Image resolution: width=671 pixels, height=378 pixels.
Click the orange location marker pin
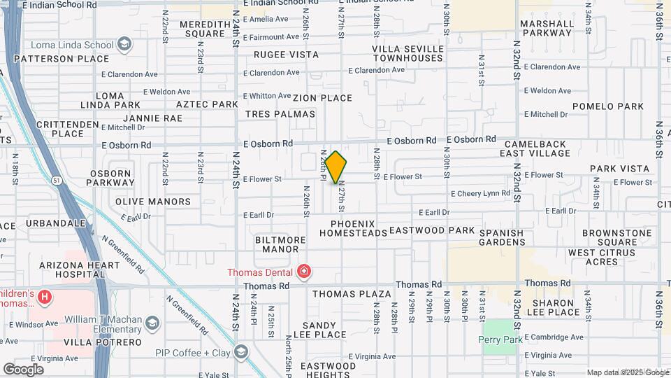tap(336, 167)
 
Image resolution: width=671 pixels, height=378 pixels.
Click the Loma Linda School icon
tap(124, 45)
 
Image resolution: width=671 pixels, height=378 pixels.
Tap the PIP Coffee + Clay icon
tap(241, 351)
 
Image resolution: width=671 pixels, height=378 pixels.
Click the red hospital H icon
tap(45, 297)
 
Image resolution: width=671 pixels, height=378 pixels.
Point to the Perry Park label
tap(500, 339)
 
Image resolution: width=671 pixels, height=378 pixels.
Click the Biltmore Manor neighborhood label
tap(281, 244)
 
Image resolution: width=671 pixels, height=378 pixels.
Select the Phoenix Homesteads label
tap(359, 228)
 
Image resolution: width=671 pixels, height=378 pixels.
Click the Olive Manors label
tap(153, 202)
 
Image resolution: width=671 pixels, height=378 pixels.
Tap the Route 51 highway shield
tap(56, 181)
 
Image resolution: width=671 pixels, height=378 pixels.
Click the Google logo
tap(23, 369)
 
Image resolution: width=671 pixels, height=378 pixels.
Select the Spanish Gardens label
tap(502, 237)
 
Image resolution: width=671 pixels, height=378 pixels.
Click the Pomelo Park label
tap(607, 106)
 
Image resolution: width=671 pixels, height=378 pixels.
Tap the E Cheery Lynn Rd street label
tap(480, 193)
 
